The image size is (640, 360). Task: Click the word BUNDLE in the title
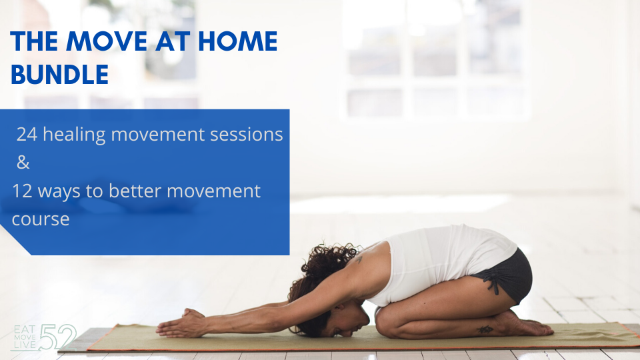(59, 74)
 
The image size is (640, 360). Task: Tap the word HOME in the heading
(237, 41)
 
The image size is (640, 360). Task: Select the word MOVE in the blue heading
(107, 41)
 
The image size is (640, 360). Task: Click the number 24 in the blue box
(27, 134)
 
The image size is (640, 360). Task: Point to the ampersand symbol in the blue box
(23, 163)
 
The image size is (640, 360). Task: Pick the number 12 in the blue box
(22, 191)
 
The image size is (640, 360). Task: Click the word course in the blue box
(41, 219)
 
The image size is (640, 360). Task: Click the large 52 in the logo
(58, 337)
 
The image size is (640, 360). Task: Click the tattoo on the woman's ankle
(485, 329)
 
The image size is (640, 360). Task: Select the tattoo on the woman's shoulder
(359, 259)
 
